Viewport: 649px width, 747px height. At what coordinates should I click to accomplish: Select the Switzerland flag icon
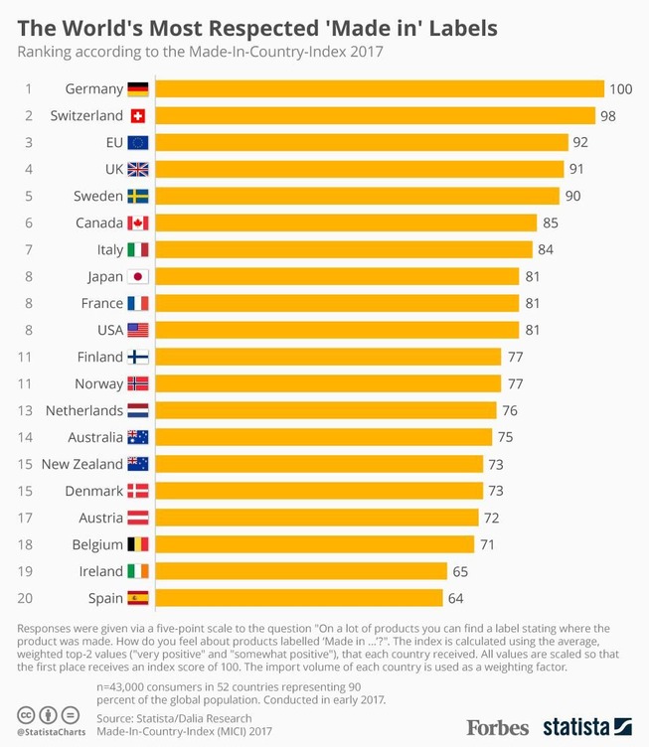pyautogui.click(x=138, y=116)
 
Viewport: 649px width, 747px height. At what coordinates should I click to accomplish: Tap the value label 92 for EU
pyautogui.click(x=581, y=143)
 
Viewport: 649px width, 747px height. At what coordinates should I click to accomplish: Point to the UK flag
pyautogui.click(x=138, y=170)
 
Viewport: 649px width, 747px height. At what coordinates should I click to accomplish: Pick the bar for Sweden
pyautogui.click(x=358, y=196)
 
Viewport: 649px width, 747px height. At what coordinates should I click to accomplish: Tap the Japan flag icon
pyautogui.click(x=138, y=276)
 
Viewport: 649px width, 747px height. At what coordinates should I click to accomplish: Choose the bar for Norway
pyautogui.click(x=328, y=383)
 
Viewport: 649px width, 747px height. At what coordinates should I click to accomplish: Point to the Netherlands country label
pyautogui.click(x=84, y=410)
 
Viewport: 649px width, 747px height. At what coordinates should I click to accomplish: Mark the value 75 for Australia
pyautogui.click(x=505, y=437)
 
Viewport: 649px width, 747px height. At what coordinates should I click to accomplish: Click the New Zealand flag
pyautogui.click(x=138, y=464)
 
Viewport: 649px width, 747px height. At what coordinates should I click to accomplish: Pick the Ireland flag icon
pyautogui.click(x=138, y=571)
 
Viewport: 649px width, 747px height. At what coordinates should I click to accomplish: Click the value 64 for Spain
pyautogui.click(x=455, y=598)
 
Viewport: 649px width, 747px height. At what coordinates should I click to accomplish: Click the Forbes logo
pyautogui.click(x=497, y=726)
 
